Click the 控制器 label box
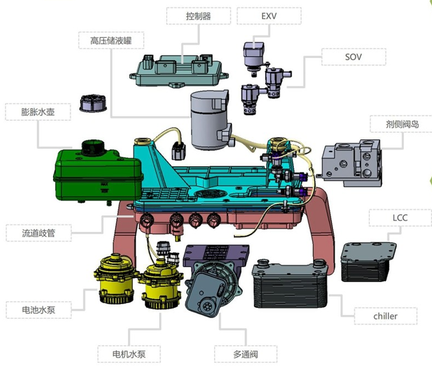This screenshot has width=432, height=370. tap(198, 16)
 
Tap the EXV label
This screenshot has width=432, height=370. tap(269, 16)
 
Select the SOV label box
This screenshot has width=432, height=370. tap(353, 57)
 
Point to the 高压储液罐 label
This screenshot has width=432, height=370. tap(111, 40)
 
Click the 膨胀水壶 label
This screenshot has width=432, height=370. tap(38, 112)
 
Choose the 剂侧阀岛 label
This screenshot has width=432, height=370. tap(402, 124)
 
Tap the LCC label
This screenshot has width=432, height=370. tap(400, 218)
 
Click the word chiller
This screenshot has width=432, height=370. tap(385, 316)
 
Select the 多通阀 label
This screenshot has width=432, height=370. tap(246, 354)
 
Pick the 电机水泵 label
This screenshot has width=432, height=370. tap(129, 354)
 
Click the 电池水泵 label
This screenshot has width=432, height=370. tap(38, 310)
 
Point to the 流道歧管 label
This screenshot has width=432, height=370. tap(38, 233)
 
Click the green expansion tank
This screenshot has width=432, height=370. tap(98, 174)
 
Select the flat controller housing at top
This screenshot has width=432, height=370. tap(179, 71)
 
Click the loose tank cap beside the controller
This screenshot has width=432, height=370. tap(93, 104)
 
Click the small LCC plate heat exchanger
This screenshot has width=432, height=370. tap(369, 262)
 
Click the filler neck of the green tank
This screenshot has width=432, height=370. tap(94, 148)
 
